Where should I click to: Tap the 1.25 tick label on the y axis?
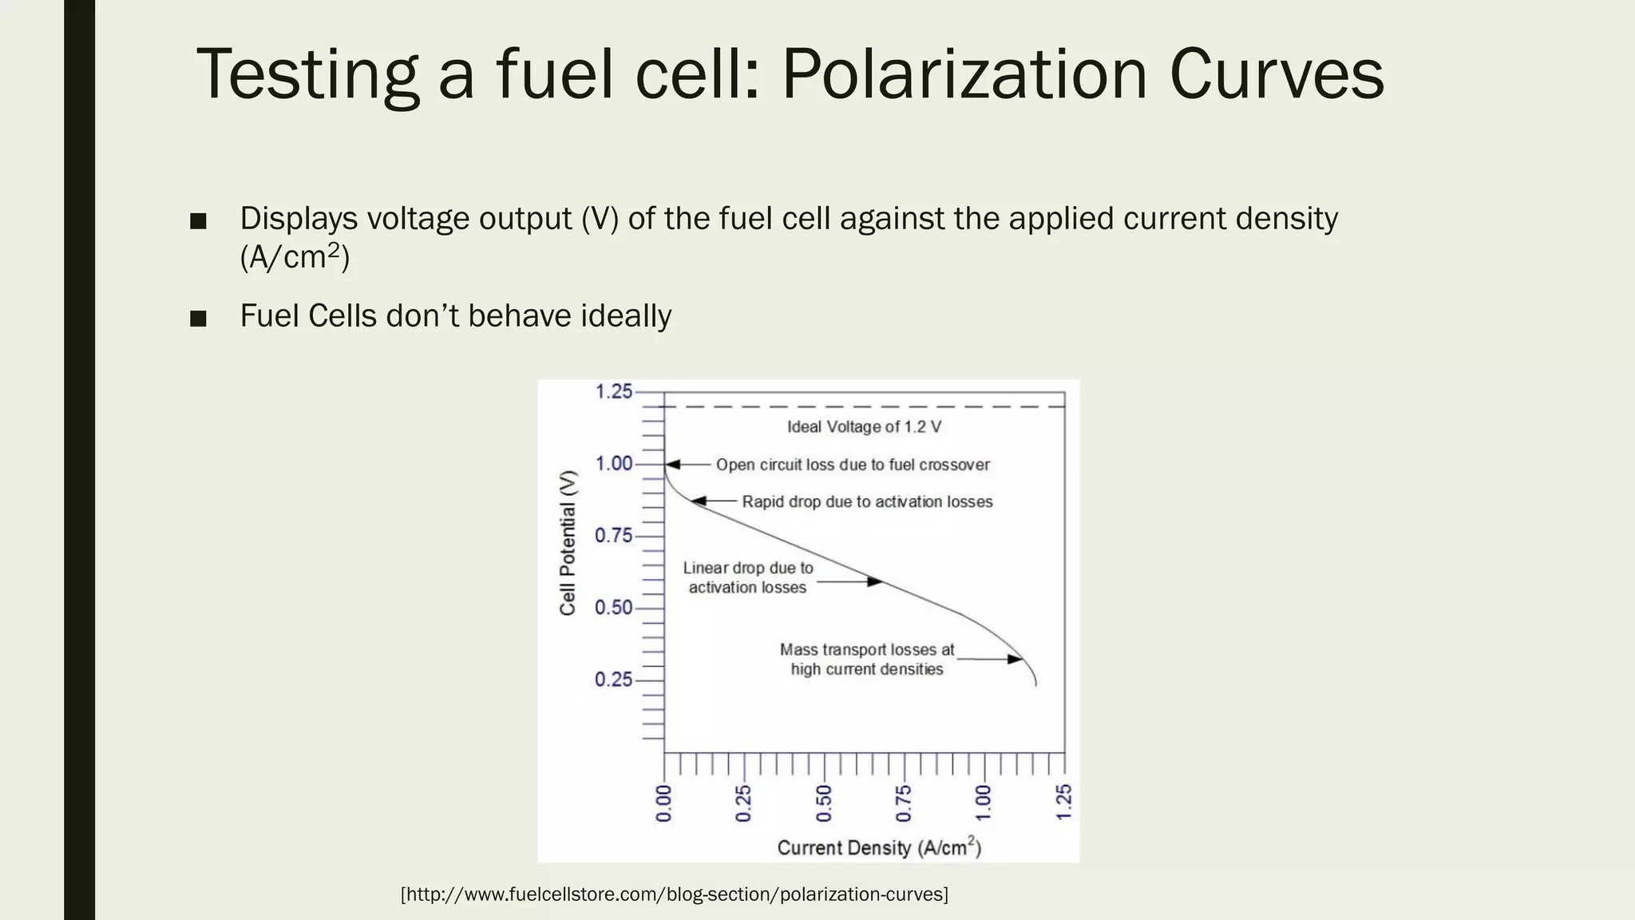pos(613,392)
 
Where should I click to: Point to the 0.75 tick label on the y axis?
pos(613,536)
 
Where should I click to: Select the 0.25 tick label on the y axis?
pos(613,680)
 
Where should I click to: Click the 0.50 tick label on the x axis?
pos(824,803)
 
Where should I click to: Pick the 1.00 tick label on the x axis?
pos(984,803)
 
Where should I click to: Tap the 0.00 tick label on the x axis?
pos(664,803)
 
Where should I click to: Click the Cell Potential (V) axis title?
pos(568,543)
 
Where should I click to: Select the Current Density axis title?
pos(878,847)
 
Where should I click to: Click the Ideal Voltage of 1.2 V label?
pos(864,426)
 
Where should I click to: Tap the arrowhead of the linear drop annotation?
pos(875,582)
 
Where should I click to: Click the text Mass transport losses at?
pos(866,650)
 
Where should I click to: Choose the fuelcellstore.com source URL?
pos(674,894)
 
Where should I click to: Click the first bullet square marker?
pos(199,221)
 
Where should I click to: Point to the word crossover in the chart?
pos(955,465)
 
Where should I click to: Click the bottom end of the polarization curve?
pos(1036,685)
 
